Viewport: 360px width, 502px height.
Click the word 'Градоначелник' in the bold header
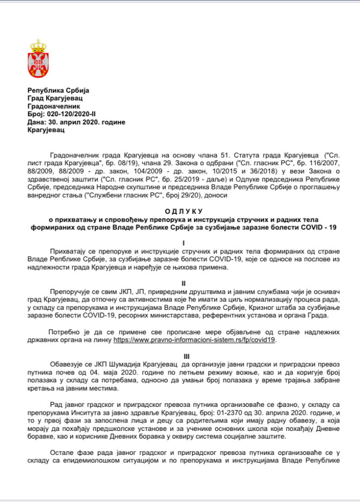click(x=53, y=106)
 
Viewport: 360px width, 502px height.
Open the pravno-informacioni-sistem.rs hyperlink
click(x=194, y=339)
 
